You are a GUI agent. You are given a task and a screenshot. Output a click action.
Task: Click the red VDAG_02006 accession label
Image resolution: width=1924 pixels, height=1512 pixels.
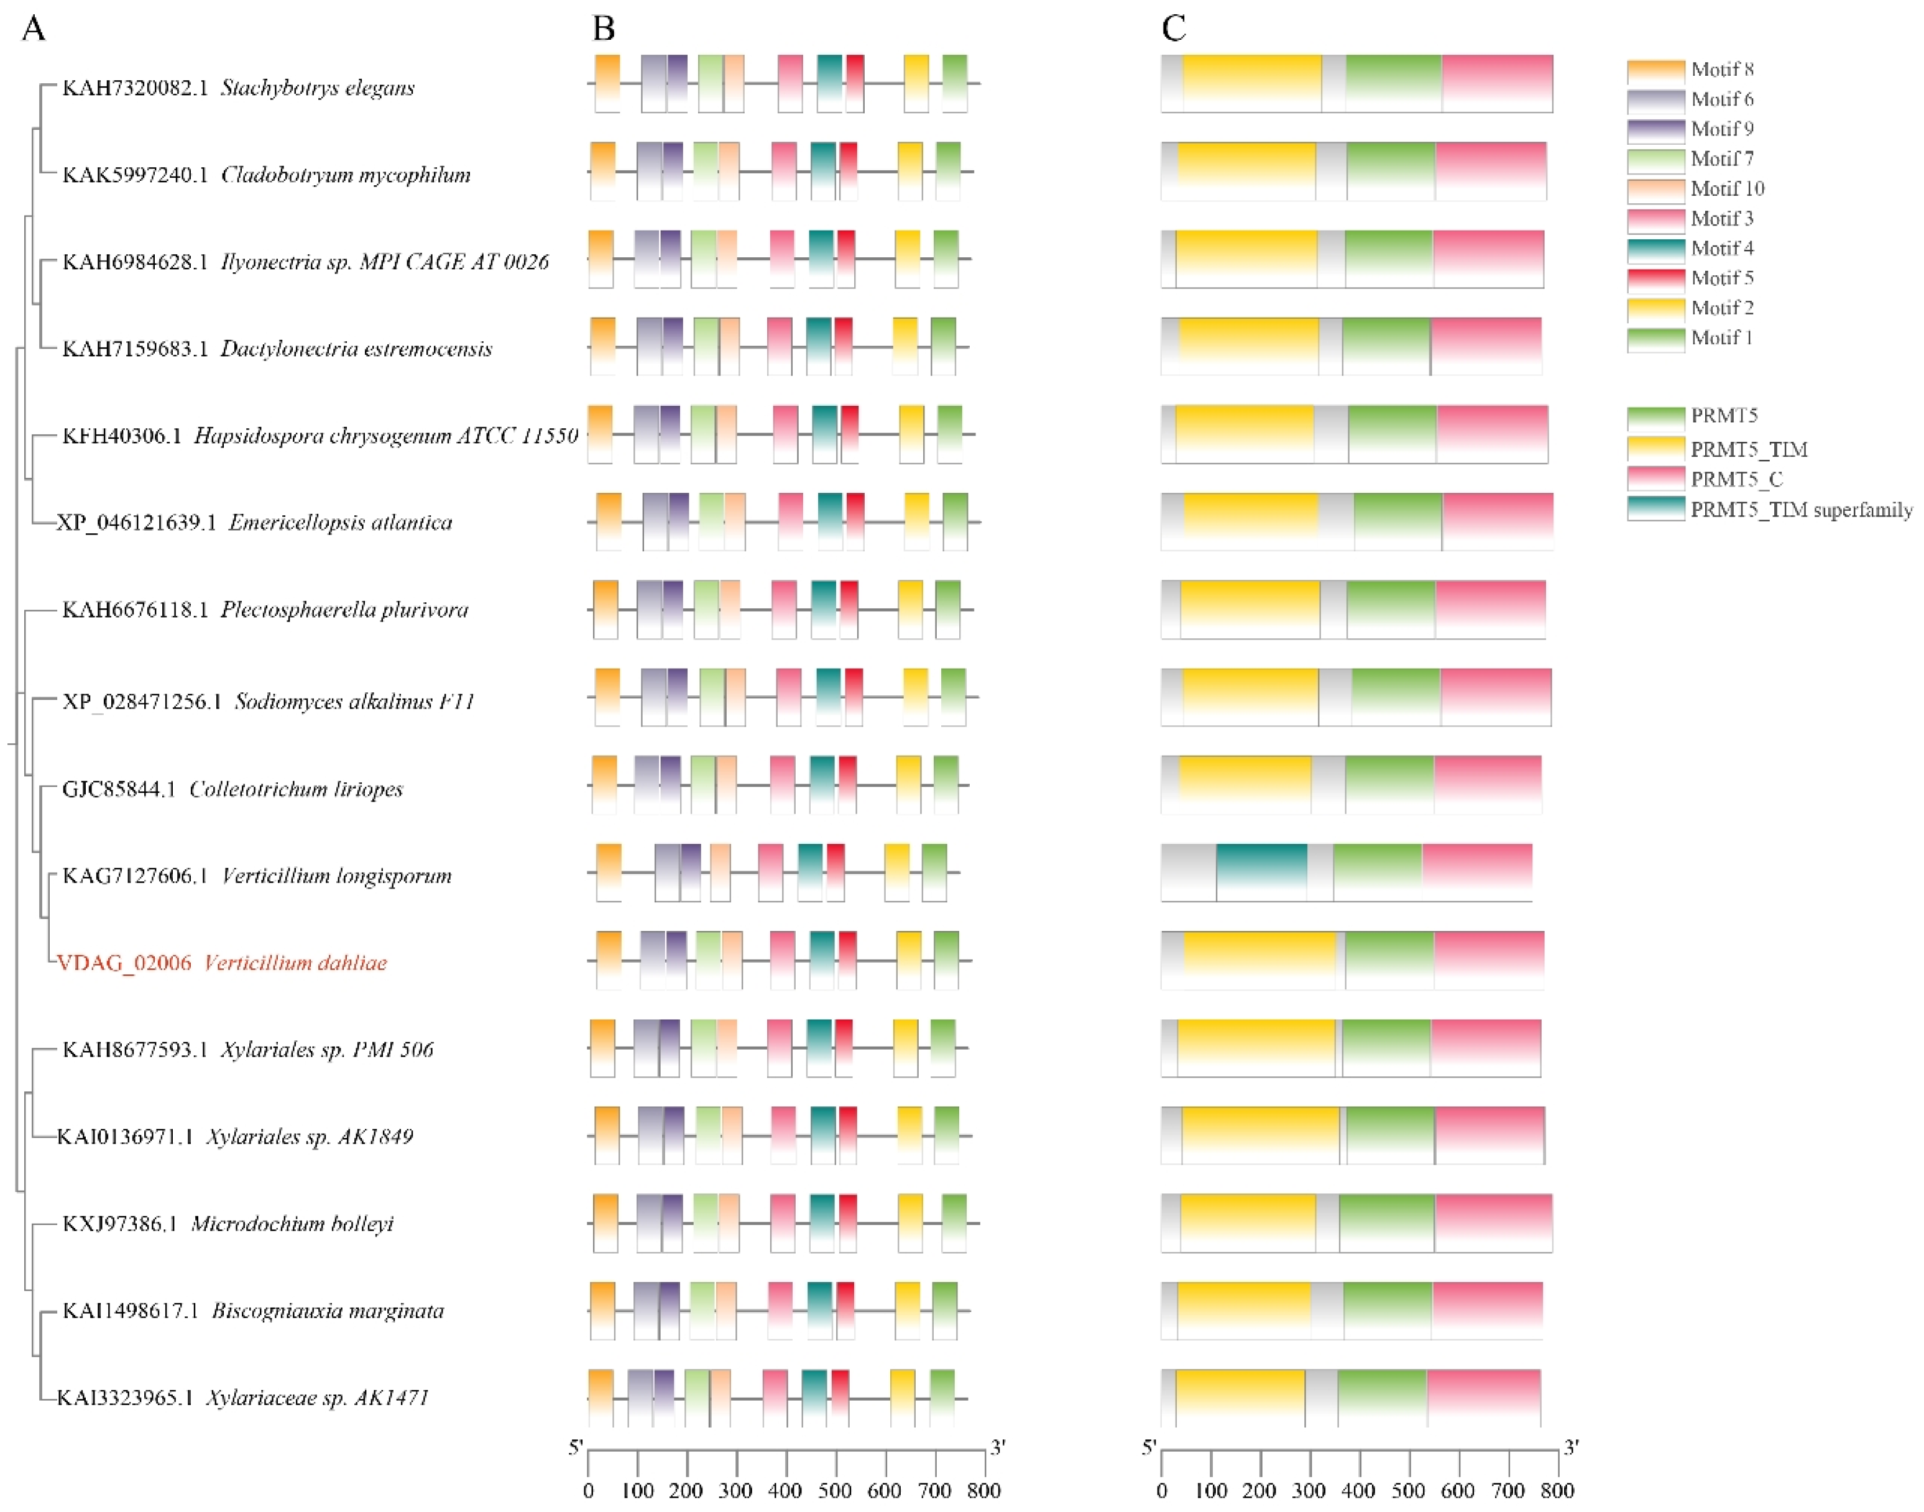coord(124,962)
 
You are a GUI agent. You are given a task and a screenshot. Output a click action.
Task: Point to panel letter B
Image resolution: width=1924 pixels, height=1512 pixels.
coord(603,29)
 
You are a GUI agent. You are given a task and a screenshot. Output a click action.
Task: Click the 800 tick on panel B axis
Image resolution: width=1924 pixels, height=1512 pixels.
coord(983,1490)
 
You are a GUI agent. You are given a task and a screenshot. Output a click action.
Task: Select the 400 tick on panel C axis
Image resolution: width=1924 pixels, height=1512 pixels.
coord(1359,1490)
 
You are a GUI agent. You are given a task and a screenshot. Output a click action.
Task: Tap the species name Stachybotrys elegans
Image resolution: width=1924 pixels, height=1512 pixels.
coord(318,88)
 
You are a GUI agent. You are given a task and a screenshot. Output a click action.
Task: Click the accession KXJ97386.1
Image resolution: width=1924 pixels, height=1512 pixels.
coord(119,1224)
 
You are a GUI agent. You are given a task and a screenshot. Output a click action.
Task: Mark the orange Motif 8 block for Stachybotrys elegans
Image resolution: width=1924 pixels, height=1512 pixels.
coord(607,83)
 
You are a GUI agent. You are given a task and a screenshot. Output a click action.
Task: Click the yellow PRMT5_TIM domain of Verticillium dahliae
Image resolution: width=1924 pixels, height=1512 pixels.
coord(1259,961)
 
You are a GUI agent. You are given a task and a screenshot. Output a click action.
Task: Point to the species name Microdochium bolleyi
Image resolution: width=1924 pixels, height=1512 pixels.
coord(292,1224)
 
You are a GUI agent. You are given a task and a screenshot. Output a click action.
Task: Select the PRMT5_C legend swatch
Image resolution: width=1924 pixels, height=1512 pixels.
coord(1655,479)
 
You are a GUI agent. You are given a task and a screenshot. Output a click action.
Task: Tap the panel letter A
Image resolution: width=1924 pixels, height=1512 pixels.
coord(33,29)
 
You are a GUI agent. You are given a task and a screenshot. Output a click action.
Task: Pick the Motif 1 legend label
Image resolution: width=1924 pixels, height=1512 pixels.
coord(1721,337)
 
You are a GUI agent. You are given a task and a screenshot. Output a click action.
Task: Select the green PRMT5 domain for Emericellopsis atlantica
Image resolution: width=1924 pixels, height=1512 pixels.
coord(1398,521)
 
